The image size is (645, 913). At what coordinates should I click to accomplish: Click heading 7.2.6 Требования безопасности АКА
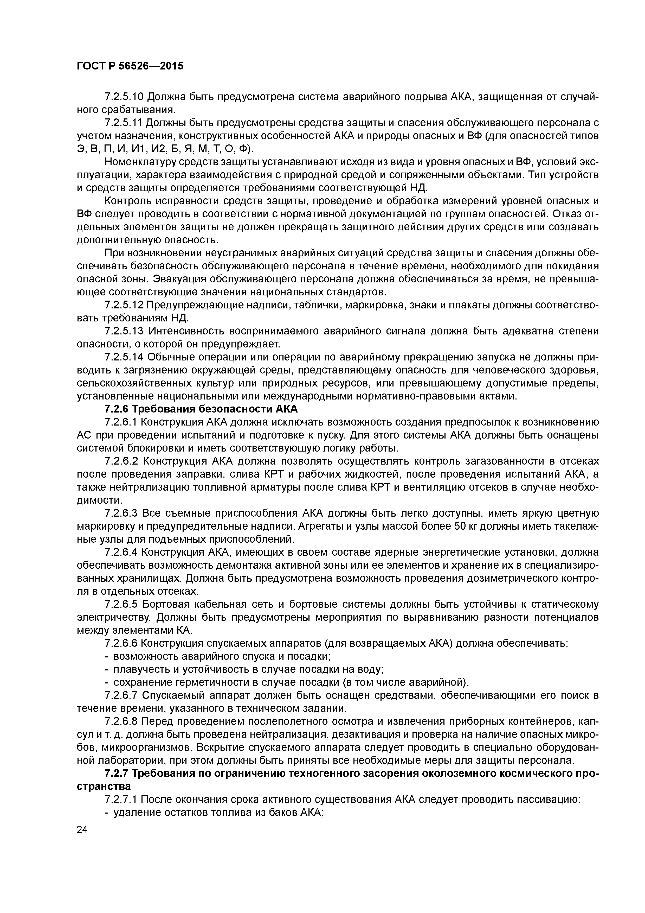(x=201, y=409)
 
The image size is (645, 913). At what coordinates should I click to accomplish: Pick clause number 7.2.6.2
(x=121, y=461)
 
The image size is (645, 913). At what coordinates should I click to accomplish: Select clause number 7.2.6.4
(x=121, y=552)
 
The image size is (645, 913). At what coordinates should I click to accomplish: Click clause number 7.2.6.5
(x=121, y=604)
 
